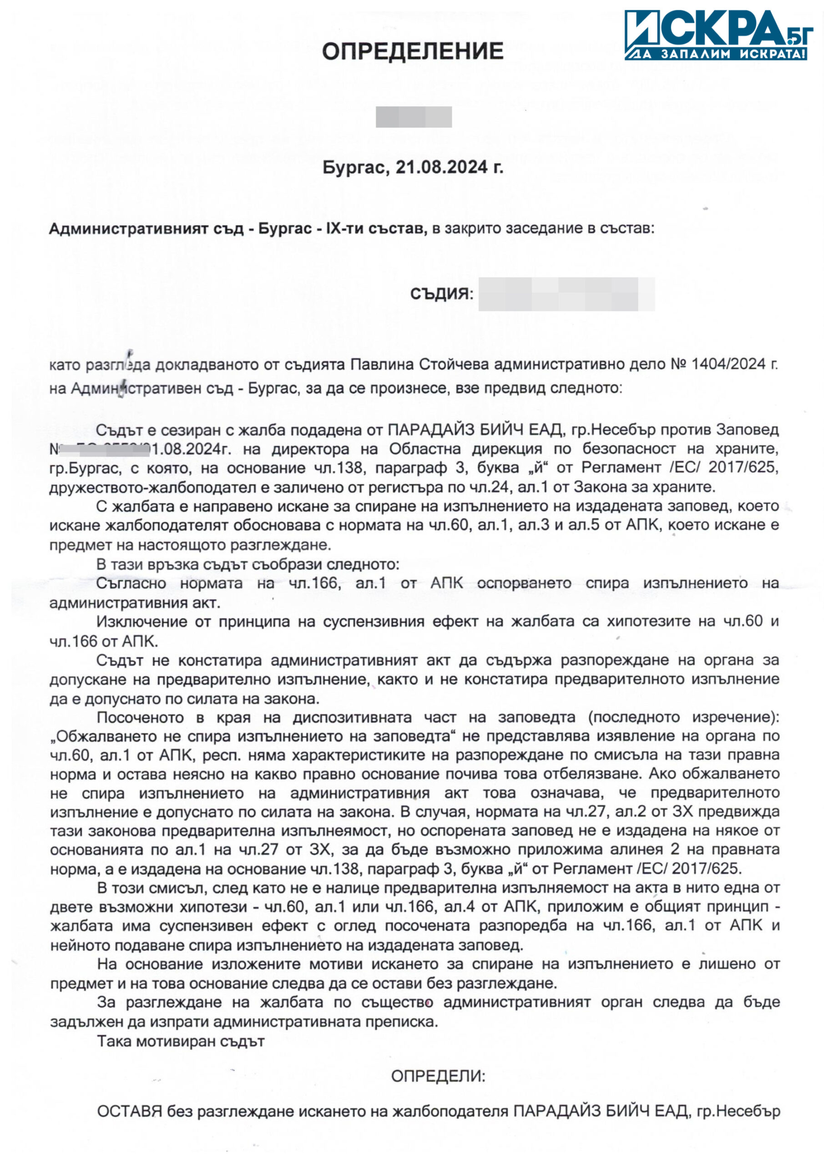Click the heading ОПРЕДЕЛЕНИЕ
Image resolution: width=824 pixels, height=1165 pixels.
coord(413,52)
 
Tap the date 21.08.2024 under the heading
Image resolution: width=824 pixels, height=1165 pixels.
coord(441,167)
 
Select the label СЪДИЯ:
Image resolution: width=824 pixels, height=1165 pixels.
coord(441,294)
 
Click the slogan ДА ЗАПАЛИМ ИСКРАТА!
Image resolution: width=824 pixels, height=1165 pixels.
coord(717,54)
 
